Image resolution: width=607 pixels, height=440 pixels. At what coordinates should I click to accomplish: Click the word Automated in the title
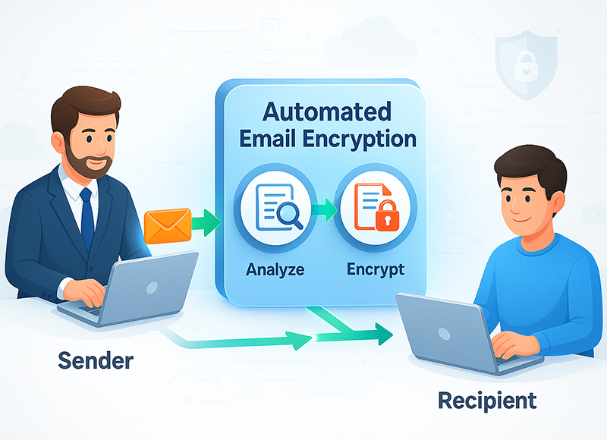(327, 113)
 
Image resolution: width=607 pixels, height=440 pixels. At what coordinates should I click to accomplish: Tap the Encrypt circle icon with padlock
(373, 208)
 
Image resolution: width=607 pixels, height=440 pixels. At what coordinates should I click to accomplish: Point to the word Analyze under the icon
(274, 268)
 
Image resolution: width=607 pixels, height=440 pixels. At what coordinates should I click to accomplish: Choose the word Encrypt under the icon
(375, 268)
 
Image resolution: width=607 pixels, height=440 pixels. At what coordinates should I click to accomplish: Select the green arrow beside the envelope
(203, 224)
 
